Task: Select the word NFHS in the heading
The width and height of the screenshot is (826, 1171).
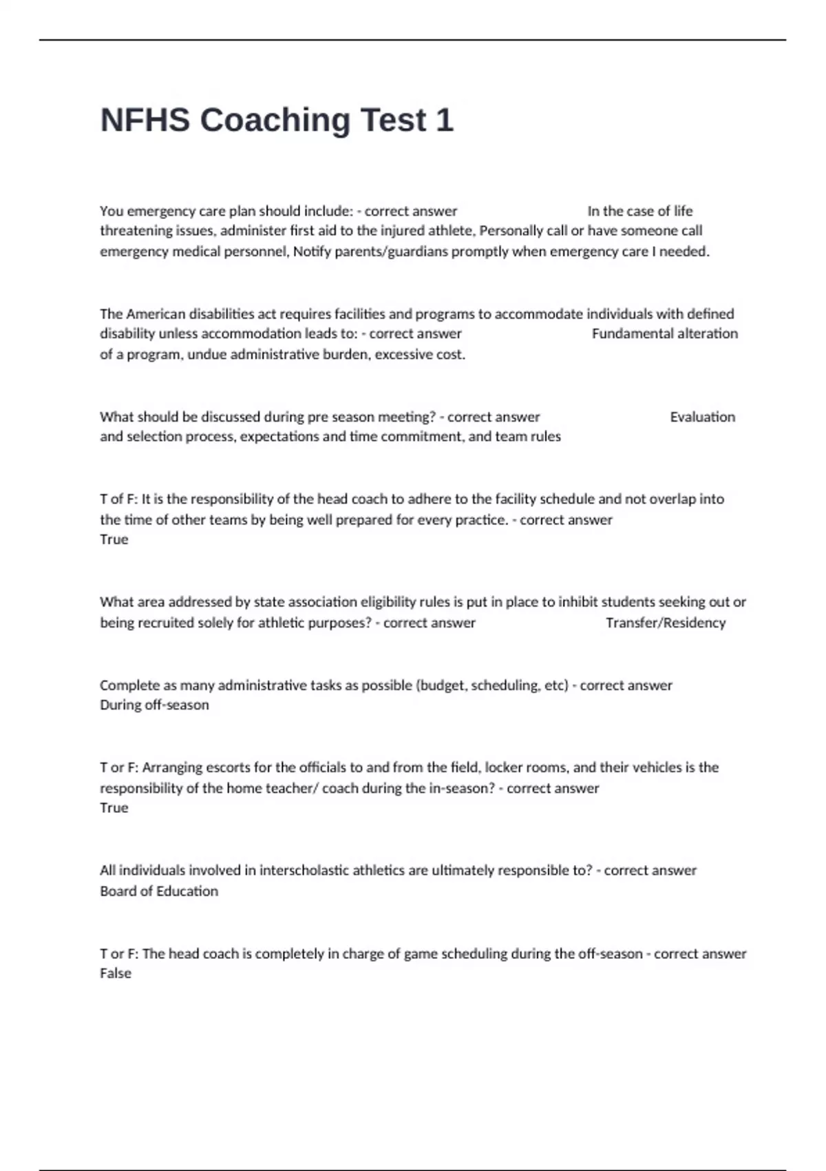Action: (145, 121)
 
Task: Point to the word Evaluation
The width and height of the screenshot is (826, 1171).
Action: (702, 417)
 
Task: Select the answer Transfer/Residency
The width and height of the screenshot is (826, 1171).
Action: (665, 623)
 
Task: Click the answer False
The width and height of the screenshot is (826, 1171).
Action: (115, 973)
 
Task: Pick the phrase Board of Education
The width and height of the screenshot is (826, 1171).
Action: (158, 891)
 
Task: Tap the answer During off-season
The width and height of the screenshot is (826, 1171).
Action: (153, 705)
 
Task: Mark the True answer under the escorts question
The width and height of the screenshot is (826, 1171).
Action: (114, 808)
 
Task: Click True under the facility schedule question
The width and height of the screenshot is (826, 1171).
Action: (114, 539)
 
